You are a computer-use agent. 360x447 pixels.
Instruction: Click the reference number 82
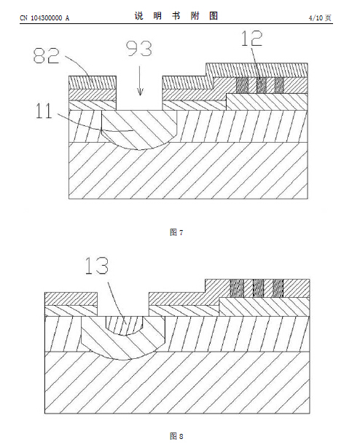[46, 55]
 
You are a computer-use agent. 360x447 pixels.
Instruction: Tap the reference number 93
[139, 49]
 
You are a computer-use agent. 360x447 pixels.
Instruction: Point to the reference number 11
[44, 111]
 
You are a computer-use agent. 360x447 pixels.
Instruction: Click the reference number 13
[97, 266]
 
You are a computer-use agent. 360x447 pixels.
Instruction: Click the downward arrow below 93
[140, 81]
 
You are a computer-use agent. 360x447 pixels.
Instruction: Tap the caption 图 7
[176, 232]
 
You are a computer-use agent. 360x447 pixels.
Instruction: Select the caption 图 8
[176, 436]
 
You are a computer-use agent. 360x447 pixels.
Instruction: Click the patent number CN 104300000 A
[44, 18]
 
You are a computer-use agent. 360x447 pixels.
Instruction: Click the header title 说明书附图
[176, 16]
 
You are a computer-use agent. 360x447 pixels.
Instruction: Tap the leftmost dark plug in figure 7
[242, 85]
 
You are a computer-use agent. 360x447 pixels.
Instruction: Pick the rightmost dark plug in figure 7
[280, 85]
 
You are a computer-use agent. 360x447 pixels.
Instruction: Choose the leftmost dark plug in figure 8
[237, 288]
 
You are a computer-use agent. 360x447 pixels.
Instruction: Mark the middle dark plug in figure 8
[259, 288]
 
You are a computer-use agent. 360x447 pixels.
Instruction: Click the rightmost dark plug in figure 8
[278, 288]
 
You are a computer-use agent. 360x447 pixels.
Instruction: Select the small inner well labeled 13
[124, 325]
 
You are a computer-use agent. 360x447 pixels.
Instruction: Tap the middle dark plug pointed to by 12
[262, 85]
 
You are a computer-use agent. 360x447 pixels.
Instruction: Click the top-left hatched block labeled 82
[93, 83]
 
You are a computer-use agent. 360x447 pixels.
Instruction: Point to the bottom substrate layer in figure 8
[177, 383]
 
